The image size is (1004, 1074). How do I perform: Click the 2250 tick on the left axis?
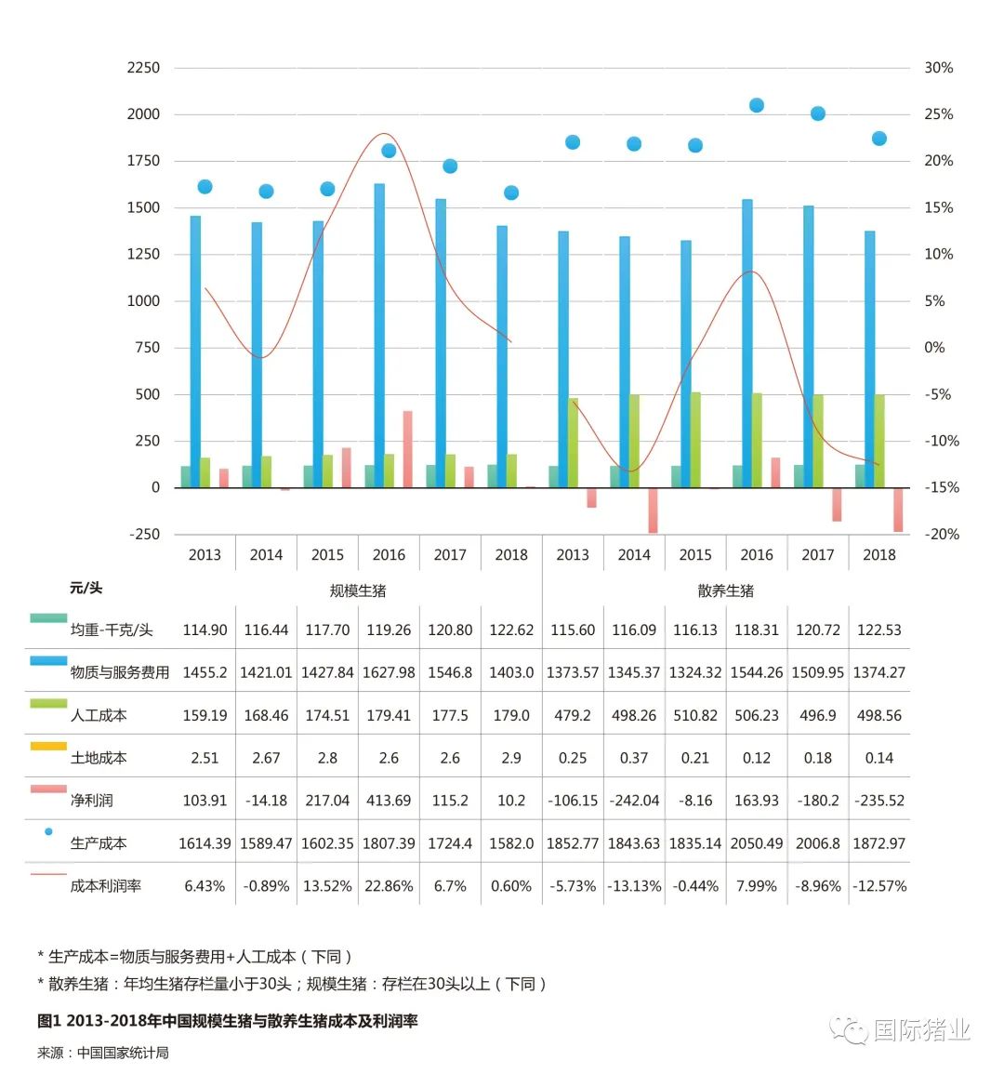click(143, 68)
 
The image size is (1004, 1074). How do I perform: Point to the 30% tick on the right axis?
click(938, 68)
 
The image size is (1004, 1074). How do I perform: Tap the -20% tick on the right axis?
click(941, 535)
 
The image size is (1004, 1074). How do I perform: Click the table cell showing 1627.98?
click(389, 672)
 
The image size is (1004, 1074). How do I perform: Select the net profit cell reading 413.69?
click(389, 801)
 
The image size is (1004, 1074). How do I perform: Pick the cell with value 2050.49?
click(757, 843)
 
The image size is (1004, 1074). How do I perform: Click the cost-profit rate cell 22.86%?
click(389, 886)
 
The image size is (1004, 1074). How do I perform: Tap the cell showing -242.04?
click(634, 801)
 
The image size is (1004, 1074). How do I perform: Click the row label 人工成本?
click(99, 716)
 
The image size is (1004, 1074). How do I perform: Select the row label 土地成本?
click(99, 759)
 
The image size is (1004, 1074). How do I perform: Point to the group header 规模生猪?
click(358, 591)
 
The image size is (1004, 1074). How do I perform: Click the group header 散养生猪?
click(726, 591)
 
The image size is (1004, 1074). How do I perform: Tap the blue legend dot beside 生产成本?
click(48, 832)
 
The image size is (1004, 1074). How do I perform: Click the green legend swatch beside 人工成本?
click(48, 704)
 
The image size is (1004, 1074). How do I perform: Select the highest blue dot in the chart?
click(757, 105)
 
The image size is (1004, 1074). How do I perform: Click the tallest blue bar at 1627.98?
click(379, 335)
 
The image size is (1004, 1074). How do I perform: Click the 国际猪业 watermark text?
click(921, 1030)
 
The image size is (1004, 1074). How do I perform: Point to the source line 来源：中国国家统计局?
click(103, 1054)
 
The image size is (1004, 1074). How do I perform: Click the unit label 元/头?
click(86, 589)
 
